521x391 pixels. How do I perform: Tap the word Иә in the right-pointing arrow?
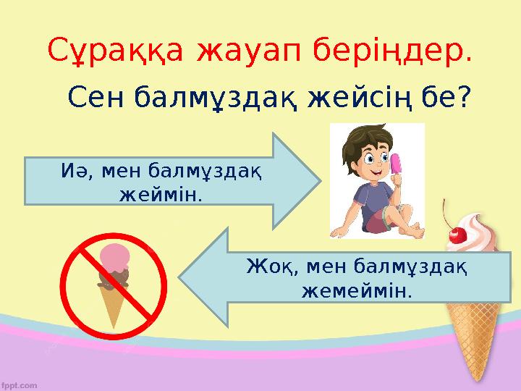71,172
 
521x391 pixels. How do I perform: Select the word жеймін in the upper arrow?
159,195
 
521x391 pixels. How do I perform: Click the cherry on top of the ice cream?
457,233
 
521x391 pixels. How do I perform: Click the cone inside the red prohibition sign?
113,304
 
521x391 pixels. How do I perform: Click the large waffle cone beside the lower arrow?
475,333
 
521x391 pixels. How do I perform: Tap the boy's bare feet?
404,231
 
